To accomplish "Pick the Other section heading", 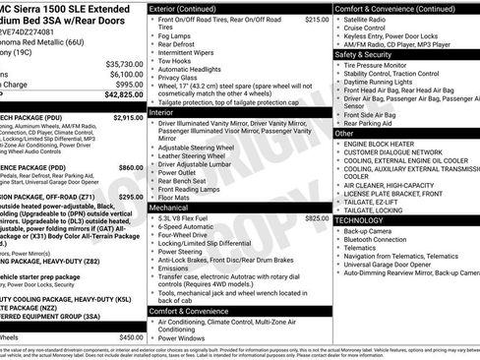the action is tap(344, 133).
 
